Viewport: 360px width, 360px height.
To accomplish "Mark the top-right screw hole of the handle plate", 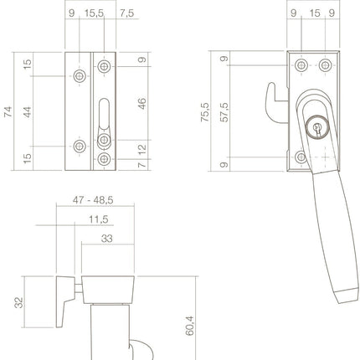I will tap(326, 64).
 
